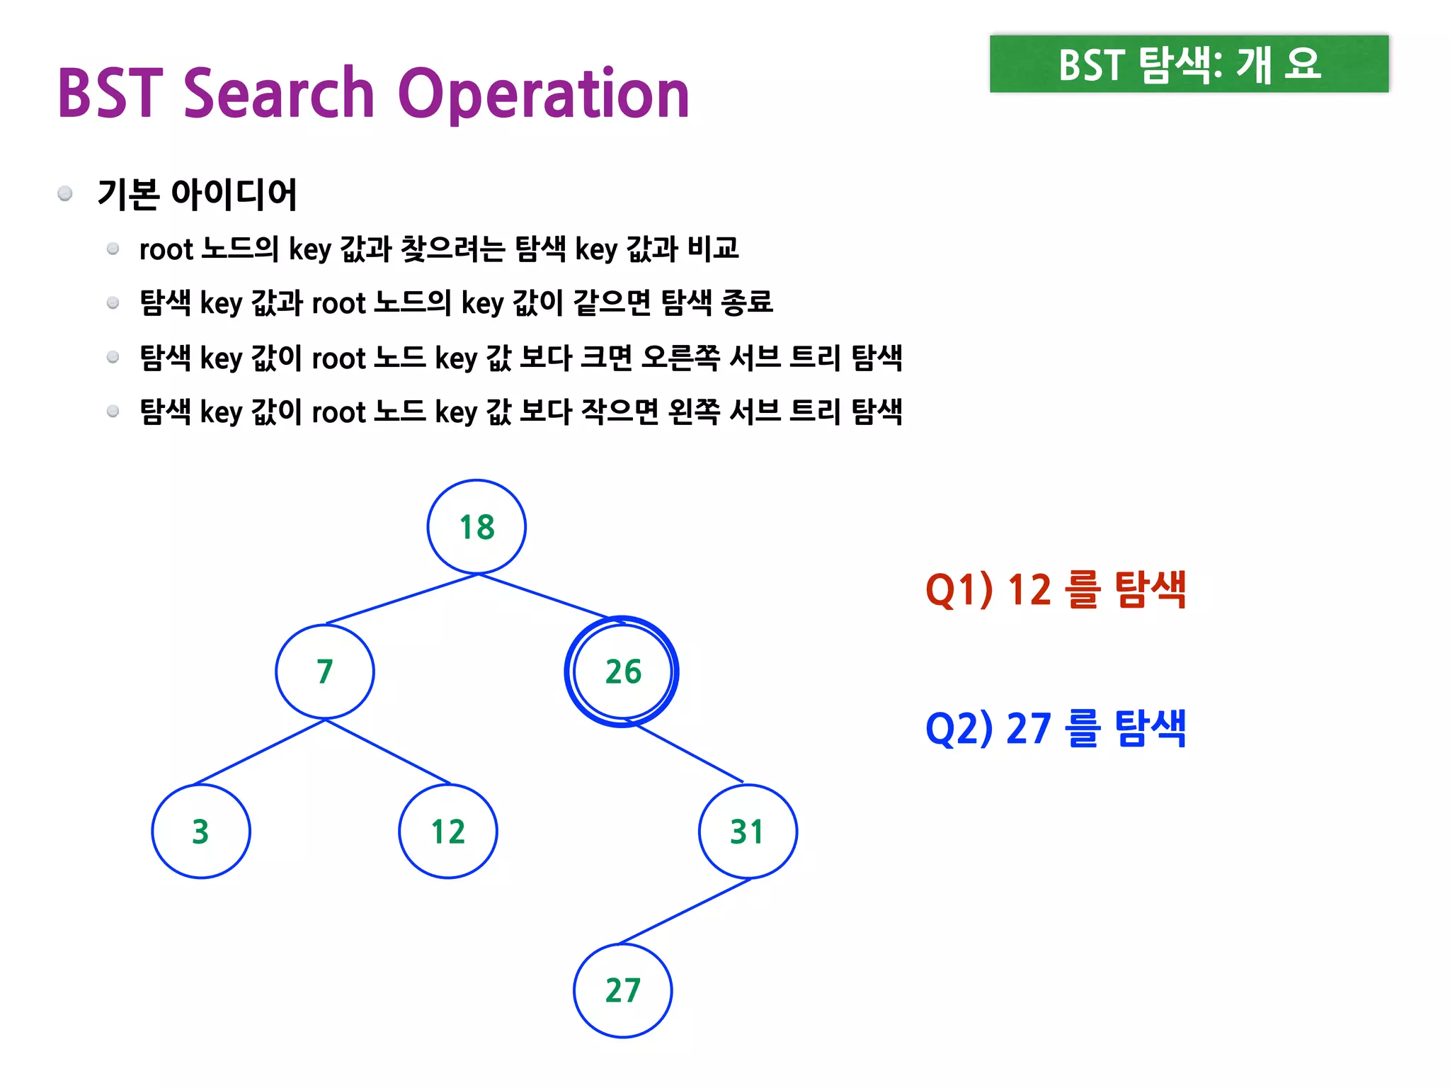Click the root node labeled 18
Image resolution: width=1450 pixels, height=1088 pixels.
pyautogui.click(x=476, y=527)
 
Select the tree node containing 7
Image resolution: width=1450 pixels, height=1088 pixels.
pyautogui.click(x=325, y=671)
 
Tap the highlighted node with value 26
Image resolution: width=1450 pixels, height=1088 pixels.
pyautogui.click(x=622, y=671)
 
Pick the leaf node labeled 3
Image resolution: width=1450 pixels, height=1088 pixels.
pyautogui.click(x=201, y=831)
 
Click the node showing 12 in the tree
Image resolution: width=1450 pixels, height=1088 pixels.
pyautogui.click(x=448, y=831)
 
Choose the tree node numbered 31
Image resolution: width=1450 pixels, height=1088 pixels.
pyautogui.click(x=748, y=831)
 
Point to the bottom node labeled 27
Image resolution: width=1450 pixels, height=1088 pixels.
pyautogui.click(x=622, y=990)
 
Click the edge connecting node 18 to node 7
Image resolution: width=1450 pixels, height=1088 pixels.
pyautogui.click(x=402, y=599)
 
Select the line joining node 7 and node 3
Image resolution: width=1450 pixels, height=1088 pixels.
pyautogui.click(x=260, y=752)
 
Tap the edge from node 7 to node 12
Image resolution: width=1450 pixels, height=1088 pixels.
pyautogui.click(x=388, y=752)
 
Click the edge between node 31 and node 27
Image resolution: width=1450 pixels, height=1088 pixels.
pyautogui.click(x=685, y=912)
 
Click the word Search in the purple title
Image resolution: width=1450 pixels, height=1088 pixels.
pyautogui.click(x=278, y=93)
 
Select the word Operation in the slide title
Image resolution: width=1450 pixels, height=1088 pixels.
pyautogui.click(x=543, y=95)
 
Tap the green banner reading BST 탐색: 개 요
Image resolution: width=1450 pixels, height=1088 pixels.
pyautogui.click(x=1189, y=64)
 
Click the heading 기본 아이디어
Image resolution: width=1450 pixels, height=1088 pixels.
pyautogui.click(x=197, y=194)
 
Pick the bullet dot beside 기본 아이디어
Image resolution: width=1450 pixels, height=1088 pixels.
pyautogui.click(x=65, y=193)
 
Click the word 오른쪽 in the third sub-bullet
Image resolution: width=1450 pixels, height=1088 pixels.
pyautogui.click(x=680, y=358)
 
